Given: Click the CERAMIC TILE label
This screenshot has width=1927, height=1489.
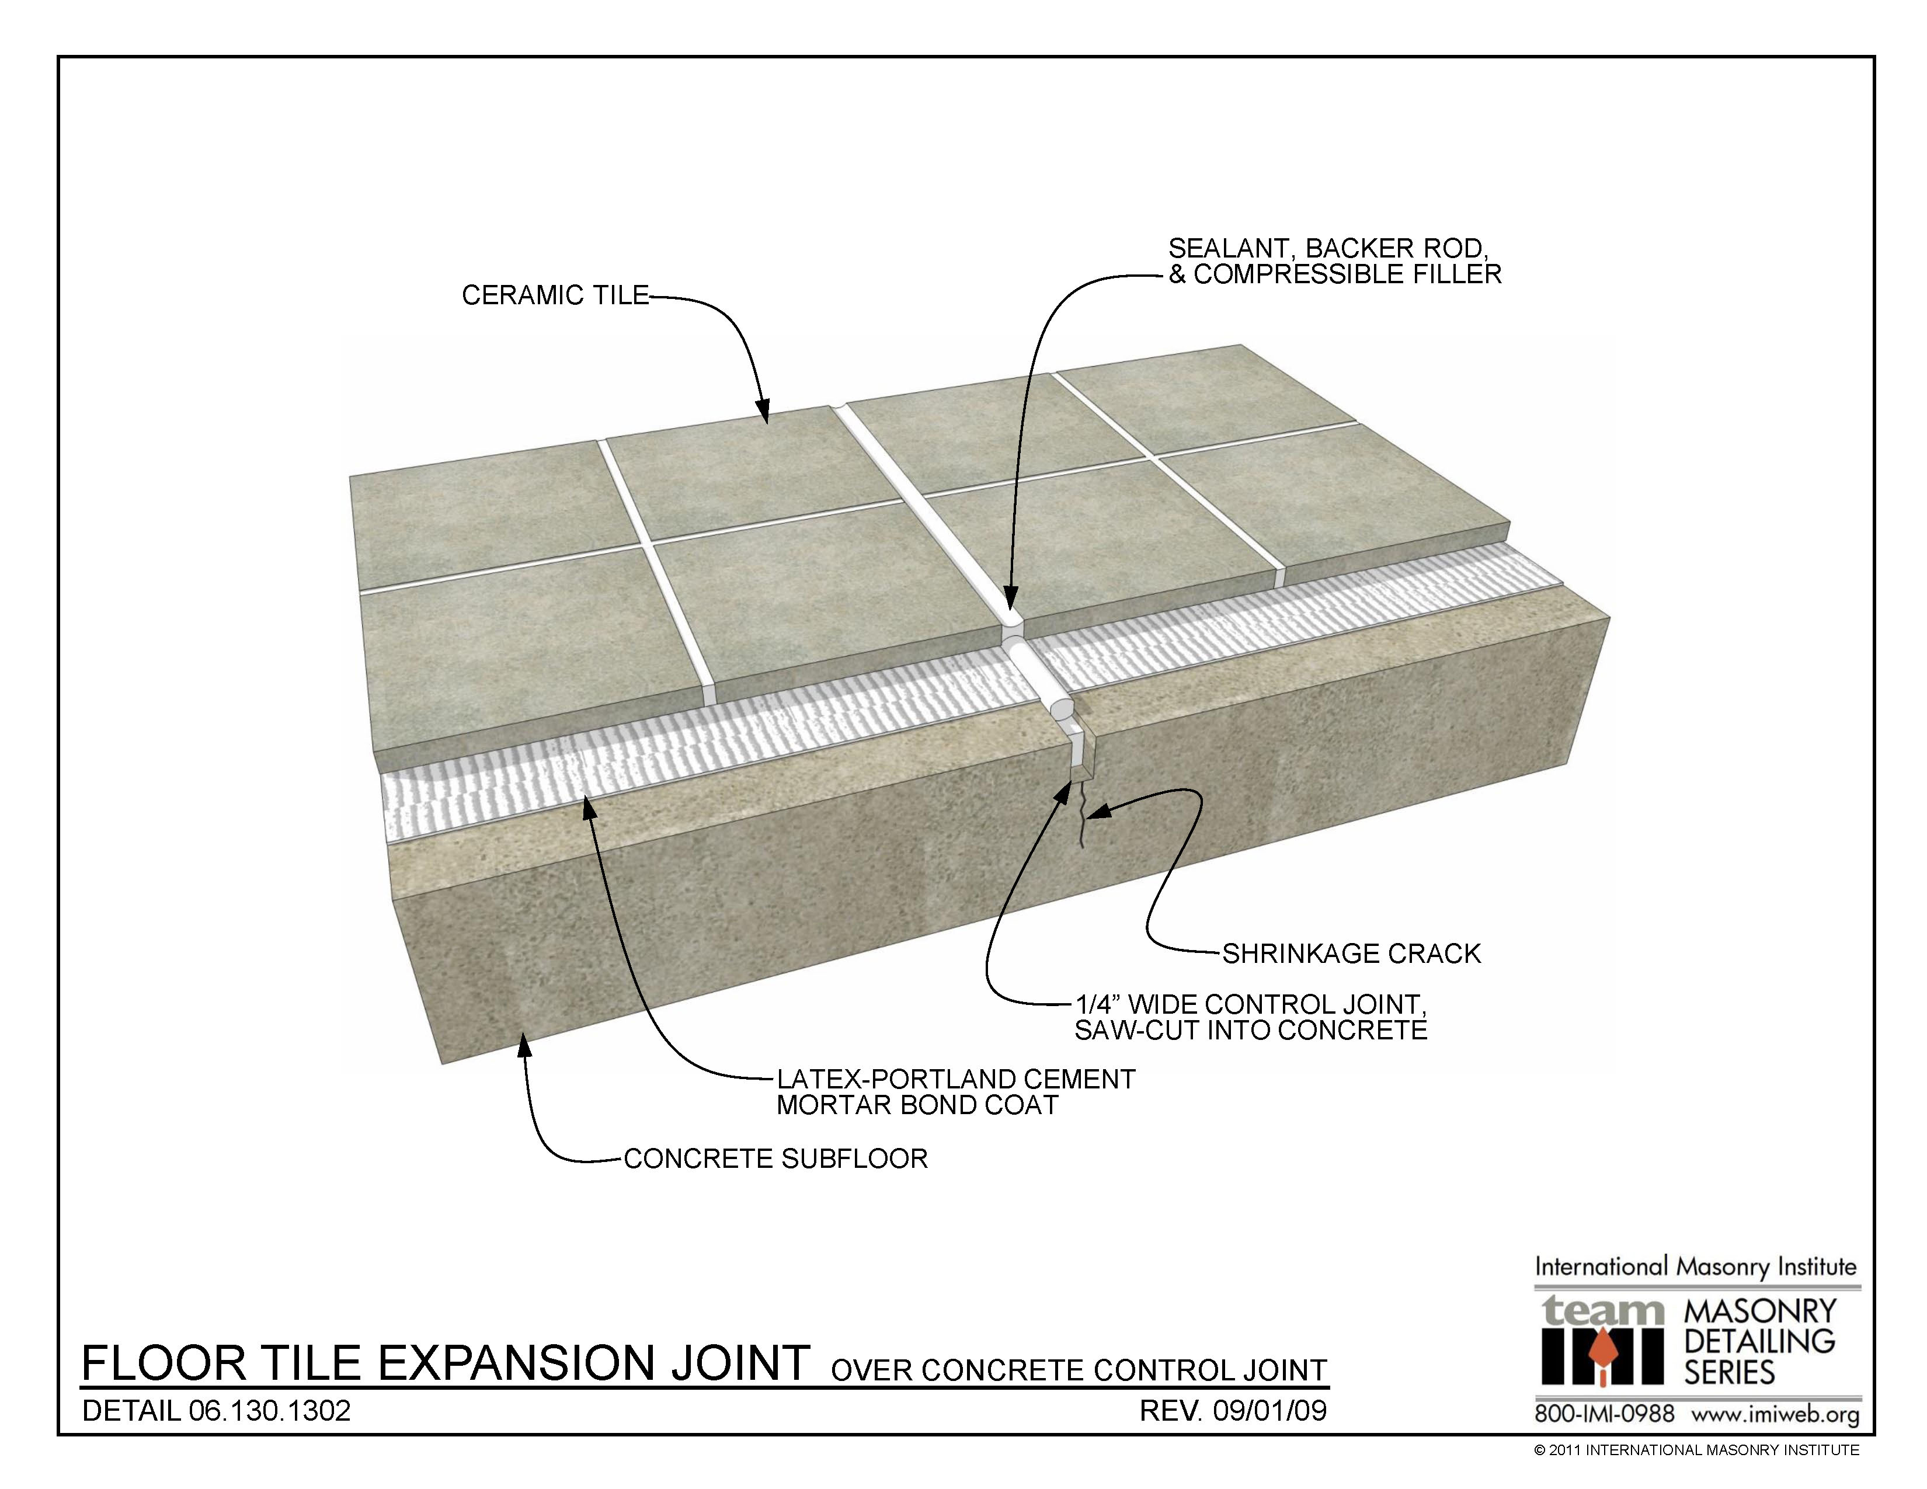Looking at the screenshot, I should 555,295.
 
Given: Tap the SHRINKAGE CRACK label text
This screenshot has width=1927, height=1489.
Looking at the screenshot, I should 1351,954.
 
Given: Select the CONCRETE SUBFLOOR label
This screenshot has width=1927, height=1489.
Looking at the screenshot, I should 775,1159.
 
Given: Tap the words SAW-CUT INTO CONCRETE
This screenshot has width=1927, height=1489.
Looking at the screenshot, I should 1250,1030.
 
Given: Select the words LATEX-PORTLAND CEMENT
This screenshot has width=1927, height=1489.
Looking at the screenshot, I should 955,1080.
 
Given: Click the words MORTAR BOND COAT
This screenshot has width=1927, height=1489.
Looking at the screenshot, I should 917,1105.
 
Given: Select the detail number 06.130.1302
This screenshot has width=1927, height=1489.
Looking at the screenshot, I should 270,1411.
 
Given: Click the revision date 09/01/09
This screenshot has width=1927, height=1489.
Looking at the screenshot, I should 1269,1411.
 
